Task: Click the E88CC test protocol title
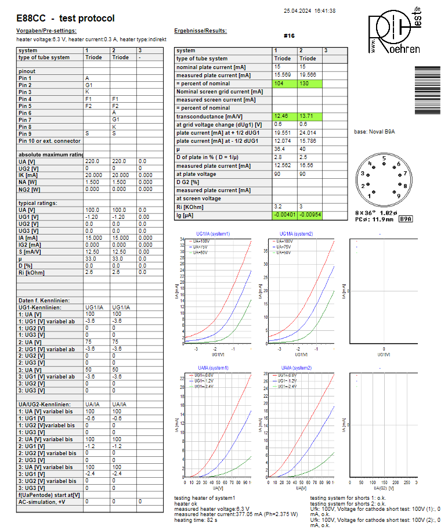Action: coord(66,19)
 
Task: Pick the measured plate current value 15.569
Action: coord(283,75)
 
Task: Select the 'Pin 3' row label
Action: coord(26,92)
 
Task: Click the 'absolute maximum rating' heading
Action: coord(51,154)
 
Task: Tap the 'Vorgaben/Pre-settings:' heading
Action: coord(46,31)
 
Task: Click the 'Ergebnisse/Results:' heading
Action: coord(200,31)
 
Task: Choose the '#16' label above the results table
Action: coord(289,36)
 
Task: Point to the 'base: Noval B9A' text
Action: coord(374,132)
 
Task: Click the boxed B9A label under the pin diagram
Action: coord(406,219)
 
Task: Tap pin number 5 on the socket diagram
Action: coord(384,158)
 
